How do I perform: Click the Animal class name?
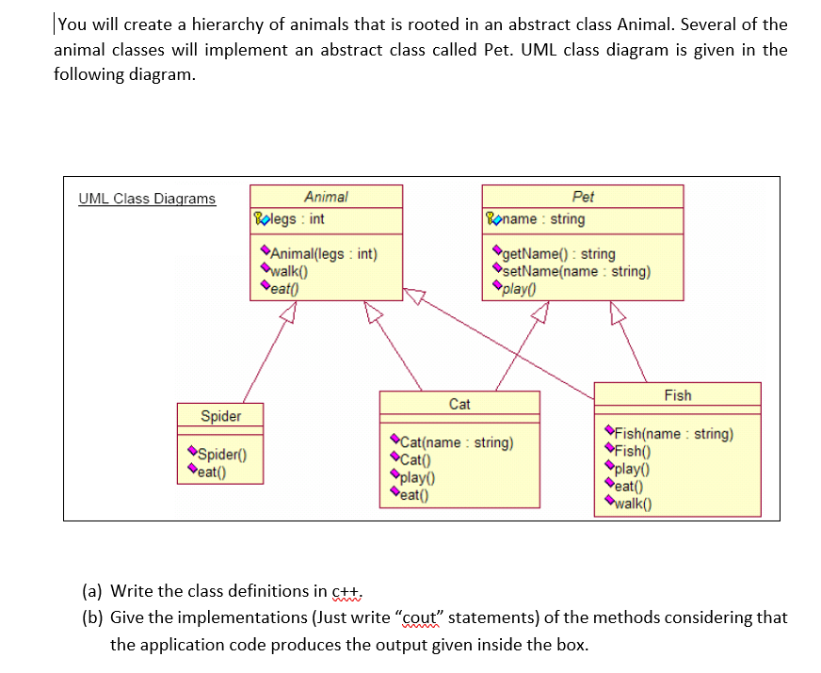tap(326, 197)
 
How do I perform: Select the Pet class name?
tap(583, 197)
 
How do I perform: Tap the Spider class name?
tap(221, 416)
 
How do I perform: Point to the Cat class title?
tap(459, 404)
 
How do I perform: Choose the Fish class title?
tap(677, 395)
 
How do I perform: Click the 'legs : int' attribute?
tap(297, 219)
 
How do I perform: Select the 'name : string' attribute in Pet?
tap(540, 219)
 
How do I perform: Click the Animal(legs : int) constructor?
tap(323, 253)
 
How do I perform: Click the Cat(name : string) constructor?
tap(457, 442)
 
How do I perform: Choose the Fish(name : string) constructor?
tap(674, 434)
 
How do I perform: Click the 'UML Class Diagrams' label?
tap(147, 199)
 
